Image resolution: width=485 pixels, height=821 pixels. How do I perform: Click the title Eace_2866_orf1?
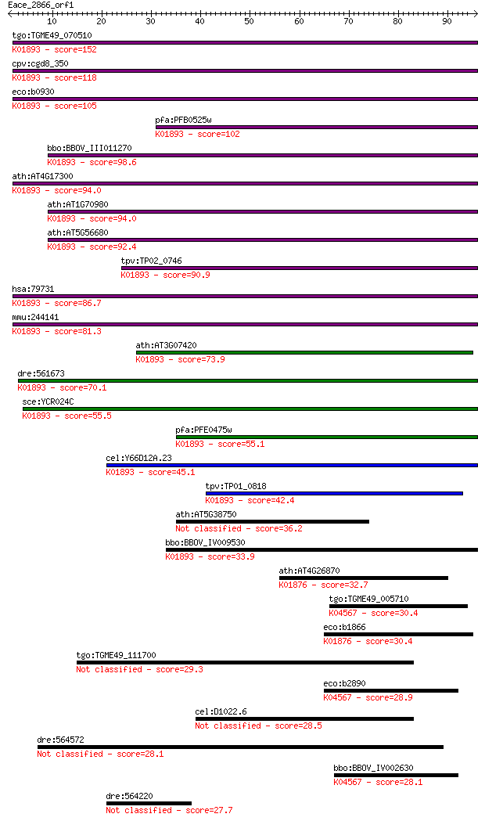coord(41,5)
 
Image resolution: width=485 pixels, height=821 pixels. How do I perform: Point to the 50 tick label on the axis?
coord(249,21)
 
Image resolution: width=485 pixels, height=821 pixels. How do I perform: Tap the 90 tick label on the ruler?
coord(447,21)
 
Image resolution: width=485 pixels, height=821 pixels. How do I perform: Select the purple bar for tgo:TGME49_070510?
coord(245,42)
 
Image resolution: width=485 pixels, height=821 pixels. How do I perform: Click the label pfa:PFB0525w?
coord(183,120)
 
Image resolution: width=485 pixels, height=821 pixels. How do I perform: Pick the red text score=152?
coord(75,50)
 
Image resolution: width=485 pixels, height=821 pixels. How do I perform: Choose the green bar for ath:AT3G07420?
coord(304,352)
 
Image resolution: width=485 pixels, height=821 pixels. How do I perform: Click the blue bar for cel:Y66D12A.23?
coord(292,465)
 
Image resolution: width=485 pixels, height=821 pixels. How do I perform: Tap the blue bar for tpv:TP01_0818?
coord(334,493)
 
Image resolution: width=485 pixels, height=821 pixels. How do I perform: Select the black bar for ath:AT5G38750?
coord(272,521)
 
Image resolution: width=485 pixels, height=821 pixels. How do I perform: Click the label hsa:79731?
coord(33,289)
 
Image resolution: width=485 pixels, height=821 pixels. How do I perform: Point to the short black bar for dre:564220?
coord(149,803)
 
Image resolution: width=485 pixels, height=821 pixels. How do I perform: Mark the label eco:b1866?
coord(344,627)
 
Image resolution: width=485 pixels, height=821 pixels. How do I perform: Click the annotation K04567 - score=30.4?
coord(373,613)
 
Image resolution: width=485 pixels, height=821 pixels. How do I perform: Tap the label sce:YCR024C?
coord(48,402)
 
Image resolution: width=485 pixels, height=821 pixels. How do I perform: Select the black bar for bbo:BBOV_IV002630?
coord(396,775)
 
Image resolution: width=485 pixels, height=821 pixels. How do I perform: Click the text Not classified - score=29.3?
coord(140,670)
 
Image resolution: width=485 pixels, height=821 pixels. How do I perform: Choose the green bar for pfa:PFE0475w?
coord(326,437)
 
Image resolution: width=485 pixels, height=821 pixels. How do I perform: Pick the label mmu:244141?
coord(35,317)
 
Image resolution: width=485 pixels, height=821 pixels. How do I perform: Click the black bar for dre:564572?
coord(240,747)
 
